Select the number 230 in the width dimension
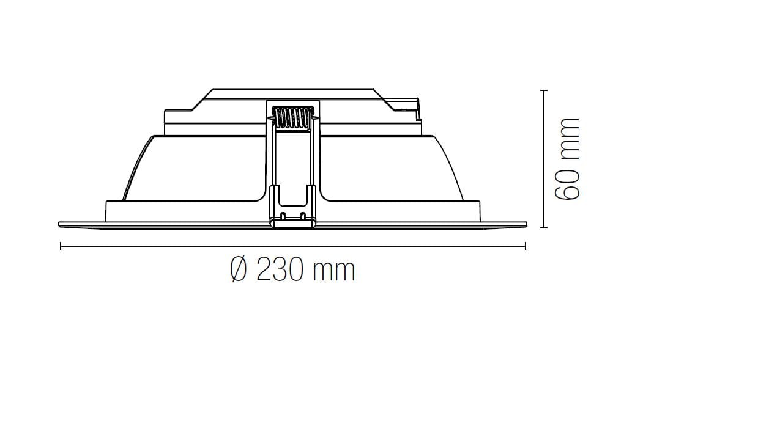point(280,269)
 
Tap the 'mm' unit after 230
point(333,271)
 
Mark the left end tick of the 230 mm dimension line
point(61,246)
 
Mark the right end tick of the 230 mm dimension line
point(526,246)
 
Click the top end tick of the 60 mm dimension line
point(544,90)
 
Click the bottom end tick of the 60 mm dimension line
point(544,227)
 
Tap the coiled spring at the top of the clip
point(292,117)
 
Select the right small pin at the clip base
point(303,216)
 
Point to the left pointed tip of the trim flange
point(60,224)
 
